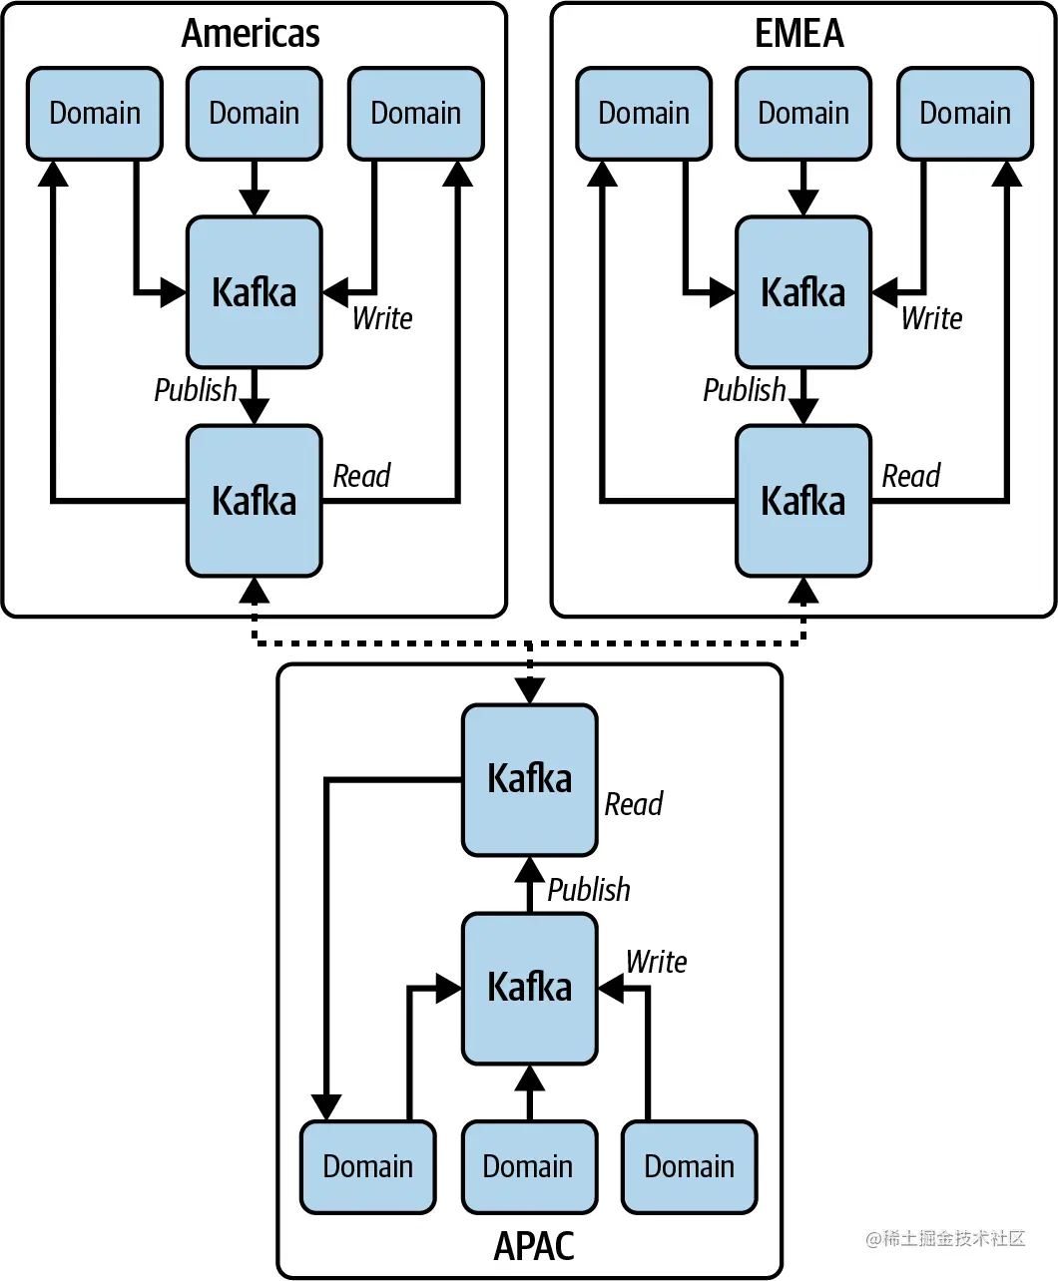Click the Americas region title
pyautogui.click(x=251, y=34)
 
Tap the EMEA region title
pyautogui.click(x=799, y=34)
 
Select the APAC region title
pyautogui.click(x=534, y=1247)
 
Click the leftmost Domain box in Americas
pyautogui.click(x=95, y=114)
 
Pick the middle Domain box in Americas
pyautogui.click(x=255, y=114)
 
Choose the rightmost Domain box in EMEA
pyautogui.click(x=965, y=114)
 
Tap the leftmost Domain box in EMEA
pyautogui.click(x=644, y=114)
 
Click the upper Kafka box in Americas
pyautogui.click(x=255, y=292)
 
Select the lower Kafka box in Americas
pyautogui.click(x=255, y=501)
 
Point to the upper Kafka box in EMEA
pyautogui.click(x=803, y=292)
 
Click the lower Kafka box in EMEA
pyautogui.click(x=803, y=501)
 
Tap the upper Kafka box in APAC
pyautogui.click(x=530, y=779)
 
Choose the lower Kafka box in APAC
pyautogui.click(x=530, y=988)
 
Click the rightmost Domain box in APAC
pyautogui.click(x=690, y=1167)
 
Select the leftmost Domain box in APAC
pyautogui.click(x=368, y=1167)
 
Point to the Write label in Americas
pyautogui.click(x=382, y=319)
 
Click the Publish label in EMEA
pyautogui.click(x=745, y=390)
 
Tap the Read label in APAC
pyautogui.click(x=634, y=804)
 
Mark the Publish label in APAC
pyautogui.click(x=589, y=890)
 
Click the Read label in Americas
pyautogui.click(x=361, y=477)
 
